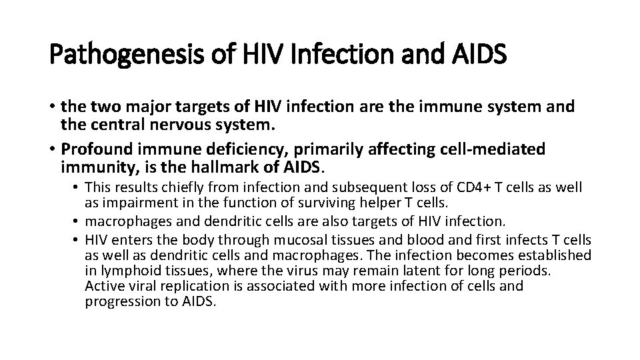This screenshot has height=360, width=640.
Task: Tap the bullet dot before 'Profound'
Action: point(52,148)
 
